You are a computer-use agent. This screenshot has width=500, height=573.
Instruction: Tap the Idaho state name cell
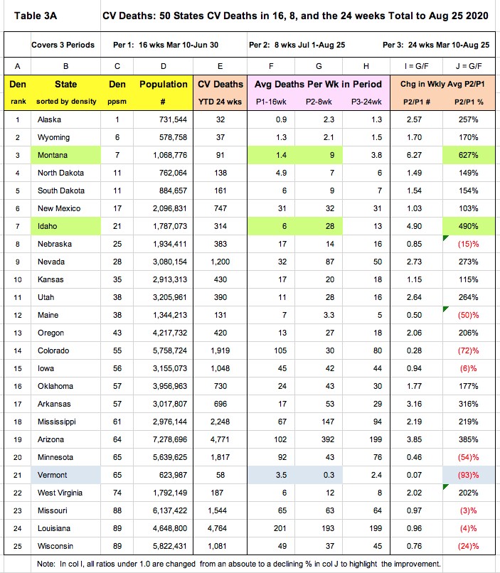tap(48, 226)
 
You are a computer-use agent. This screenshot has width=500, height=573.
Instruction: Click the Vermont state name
tap(53, 475)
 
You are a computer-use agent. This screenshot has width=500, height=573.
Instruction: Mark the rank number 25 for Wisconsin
tap(18, 546)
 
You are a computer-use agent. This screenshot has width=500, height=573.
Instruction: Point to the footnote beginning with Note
tap(242, 564)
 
